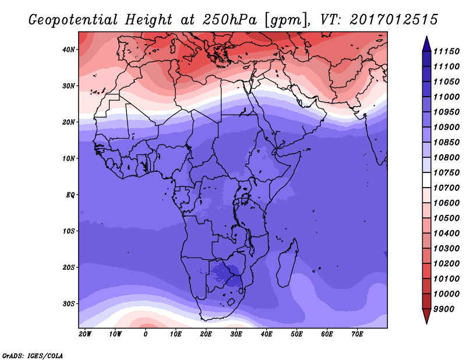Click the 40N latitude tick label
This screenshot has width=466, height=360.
69,50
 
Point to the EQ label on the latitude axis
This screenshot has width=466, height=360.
70,195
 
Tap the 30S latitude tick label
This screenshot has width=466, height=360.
69,304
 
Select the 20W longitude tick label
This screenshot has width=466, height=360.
85,334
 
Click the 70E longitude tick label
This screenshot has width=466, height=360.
357,334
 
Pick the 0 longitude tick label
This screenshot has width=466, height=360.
145,334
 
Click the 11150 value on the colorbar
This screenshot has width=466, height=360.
446,51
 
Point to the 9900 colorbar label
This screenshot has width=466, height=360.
444,309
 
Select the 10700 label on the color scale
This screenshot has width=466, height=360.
446,188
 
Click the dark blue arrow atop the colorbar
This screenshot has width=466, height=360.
426,44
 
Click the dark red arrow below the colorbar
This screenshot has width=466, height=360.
426,316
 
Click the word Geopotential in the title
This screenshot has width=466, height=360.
73,20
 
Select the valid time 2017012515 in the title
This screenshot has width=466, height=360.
394,20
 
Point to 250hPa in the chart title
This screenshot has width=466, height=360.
230,20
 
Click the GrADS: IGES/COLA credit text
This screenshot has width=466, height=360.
33,356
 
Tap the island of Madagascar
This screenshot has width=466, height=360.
287,263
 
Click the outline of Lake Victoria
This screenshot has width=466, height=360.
245,198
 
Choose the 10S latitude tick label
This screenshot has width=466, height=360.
69,231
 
